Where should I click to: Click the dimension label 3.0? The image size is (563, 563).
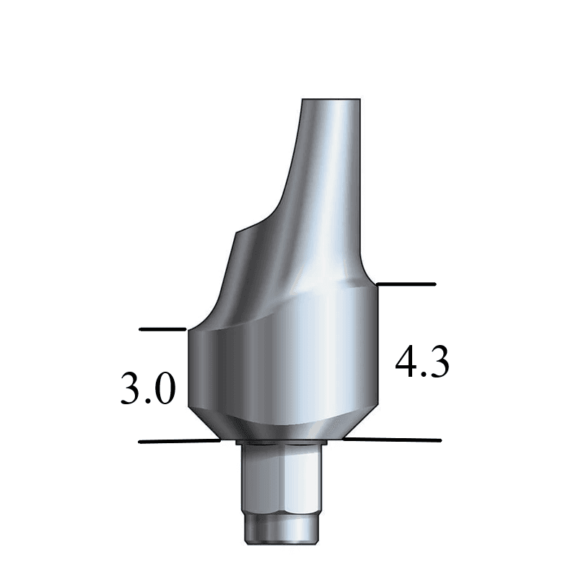tap(148, 390)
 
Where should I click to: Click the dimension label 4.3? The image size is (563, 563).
tap(422, 363)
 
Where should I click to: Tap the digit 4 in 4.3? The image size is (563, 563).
tap(406, 363)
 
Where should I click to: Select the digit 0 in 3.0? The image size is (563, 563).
tap(164, 390)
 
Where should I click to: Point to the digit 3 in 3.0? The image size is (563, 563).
tap(131, 390)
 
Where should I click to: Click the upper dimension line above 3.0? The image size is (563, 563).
tap(162, 329)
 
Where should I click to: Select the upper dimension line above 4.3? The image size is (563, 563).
tap(406, 284)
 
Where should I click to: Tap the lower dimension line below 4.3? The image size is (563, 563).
tap(393, 439)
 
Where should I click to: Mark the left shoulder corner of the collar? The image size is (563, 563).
tap(189, 332)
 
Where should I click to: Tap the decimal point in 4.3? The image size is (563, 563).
tap(424, 375)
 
